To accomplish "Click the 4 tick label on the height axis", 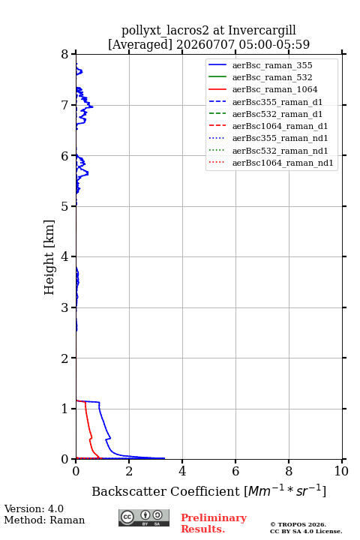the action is (x=64, y=256).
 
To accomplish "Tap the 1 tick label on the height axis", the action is (x=64, y=409).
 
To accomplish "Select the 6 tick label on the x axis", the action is (x=235, y=471).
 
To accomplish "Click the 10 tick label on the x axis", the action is (x=341, y=471).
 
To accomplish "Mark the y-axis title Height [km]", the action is (x=49, y=257).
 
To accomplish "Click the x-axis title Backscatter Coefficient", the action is (x=166, y=491).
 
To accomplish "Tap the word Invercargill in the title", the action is (x=262, y=31).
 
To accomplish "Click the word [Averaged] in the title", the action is (x=139, y=45).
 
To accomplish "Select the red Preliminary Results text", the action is (x=214, y=523).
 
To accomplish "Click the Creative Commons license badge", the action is (x=144, y=517).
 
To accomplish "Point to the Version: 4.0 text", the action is (x=34, y=508).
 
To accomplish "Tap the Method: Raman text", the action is (x=44, y=520).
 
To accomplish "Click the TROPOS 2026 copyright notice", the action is (x=298, y=524).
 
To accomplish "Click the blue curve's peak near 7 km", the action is (x=92, y=106).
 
